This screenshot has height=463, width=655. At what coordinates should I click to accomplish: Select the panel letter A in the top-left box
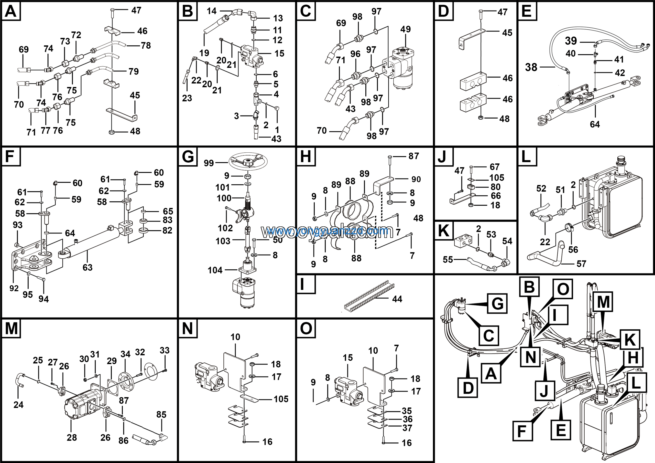[11, 12]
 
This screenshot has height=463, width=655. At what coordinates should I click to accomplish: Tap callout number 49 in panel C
[405, 29]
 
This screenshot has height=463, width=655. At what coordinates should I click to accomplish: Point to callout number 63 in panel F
[88, 267]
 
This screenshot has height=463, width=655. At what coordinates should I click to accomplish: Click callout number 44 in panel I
[397, 299]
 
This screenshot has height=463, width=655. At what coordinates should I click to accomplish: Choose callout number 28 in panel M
[72, 437]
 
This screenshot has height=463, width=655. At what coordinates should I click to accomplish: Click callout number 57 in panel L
[581, 264]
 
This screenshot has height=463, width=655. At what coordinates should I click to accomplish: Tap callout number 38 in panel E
[531, 67]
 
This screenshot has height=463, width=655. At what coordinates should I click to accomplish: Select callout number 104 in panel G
[215, 270]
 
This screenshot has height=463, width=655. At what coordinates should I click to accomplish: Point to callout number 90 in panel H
[416, 179]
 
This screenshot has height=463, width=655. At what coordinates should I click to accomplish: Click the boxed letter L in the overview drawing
[636, 383]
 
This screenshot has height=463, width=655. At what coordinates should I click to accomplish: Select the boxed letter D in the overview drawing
[468, 388]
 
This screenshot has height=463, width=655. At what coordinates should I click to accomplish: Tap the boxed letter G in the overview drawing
[497, 303]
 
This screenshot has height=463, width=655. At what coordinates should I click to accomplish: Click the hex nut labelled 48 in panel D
[481, 118]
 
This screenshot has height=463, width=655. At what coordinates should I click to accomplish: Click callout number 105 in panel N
[281, 399]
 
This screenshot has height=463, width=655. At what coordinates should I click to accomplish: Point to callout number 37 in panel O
[407, 428]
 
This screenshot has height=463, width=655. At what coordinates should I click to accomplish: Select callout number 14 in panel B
[212, 11]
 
